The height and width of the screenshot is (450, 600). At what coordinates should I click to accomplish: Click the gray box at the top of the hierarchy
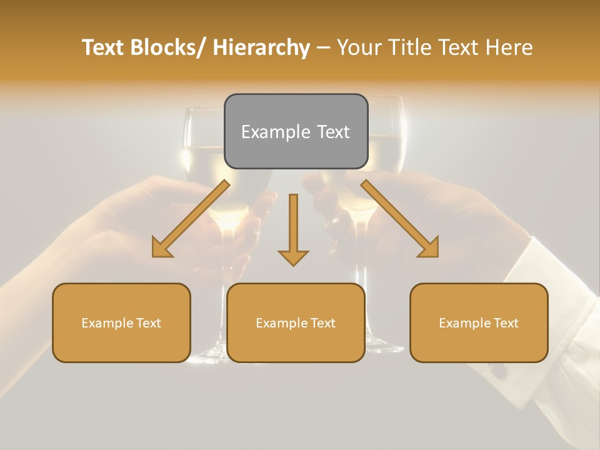click(x=296, y=131)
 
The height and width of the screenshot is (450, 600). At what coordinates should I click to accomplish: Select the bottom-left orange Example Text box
click(x=121, y=323)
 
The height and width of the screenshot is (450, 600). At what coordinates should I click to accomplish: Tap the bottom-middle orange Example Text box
click(x=296, y=323)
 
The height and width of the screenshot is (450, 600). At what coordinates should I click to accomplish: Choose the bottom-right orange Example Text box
click(x=479, y=323)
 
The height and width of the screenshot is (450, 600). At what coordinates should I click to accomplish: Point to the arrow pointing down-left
click(x=191, y=219)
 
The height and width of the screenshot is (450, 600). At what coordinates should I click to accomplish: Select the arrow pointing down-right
click(x=400, y=219)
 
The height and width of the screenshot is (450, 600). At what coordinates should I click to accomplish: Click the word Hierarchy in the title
click(x=261, y=48)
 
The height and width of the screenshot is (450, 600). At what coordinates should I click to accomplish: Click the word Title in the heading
click(x=408, y=48)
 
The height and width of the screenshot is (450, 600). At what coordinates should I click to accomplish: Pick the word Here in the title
click(x=507, y=48)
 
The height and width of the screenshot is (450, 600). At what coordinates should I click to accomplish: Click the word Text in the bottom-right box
click(x=505, y=323)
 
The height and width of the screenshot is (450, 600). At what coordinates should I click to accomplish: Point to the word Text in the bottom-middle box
click(x=322, y=323)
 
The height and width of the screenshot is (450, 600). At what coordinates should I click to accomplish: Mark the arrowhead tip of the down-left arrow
click(x=154, y=256)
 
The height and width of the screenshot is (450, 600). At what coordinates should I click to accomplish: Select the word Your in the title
click(x=359, y=48)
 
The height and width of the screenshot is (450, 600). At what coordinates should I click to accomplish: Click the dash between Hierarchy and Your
click(x=323, y=48)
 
